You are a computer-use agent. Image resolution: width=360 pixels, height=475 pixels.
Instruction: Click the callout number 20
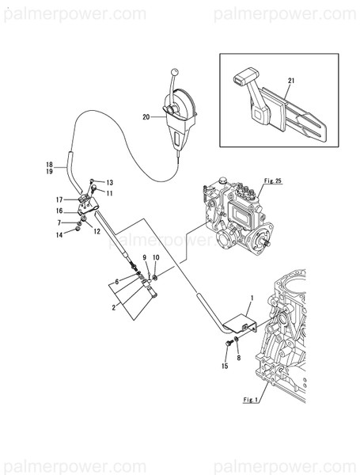[146, 117]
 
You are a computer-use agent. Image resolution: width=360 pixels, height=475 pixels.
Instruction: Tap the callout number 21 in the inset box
[291, 82]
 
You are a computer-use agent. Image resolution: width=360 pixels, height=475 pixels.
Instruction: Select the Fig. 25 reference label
[274, 181]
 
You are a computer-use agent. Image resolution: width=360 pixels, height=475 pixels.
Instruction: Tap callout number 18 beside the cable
[49, 165]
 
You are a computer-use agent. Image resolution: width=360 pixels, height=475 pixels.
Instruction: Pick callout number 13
[109, 182]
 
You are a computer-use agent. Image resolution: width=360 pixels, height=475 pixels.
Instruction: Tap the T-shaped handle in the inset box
[244, 78]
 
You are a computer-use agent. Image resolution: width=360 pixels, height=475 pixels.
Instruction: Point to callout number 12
[96, 231]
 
